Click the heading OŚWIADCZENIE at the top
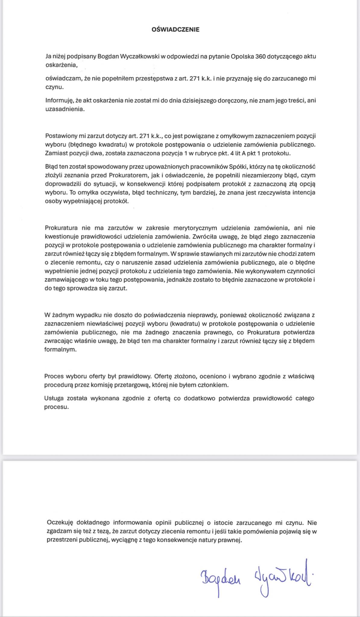coord(175,30)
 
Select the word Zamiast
coord(55,153)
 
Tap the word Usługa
coord(53,398)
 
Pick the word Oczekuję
coord(60,523)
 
